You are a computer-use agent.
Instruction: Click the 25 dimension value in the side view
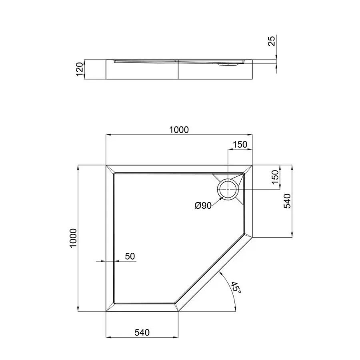[x=272, y=41]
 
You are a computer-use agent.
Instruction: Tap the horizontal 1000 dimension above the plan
[x=178, y=130]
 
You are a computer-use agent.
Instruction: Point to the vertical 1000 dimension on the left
[x=72, y=238]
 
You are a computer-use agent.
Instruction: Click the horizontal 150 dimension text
[x=240, y=144]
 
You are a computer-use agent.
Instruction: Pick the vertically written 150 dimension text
[x=275, y=176]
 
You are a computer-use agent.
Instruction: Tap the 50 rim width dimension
[x=130, y=256]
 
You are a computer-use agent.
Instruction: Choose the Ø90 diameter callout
[x=203, y=206]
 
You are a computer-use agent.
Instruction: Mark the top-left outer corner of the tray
[x=106, y=165]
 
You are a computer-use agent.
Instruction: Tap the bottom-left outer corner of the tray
[x=106, y=311]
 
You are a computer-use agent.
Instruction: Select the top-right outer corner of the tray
[x=253, y=165]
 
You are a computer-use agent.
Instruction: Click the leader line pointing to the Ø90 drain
[x=215, y=201]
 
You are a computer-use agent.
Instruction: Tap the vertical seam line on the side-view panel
[x=178, y=70]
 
